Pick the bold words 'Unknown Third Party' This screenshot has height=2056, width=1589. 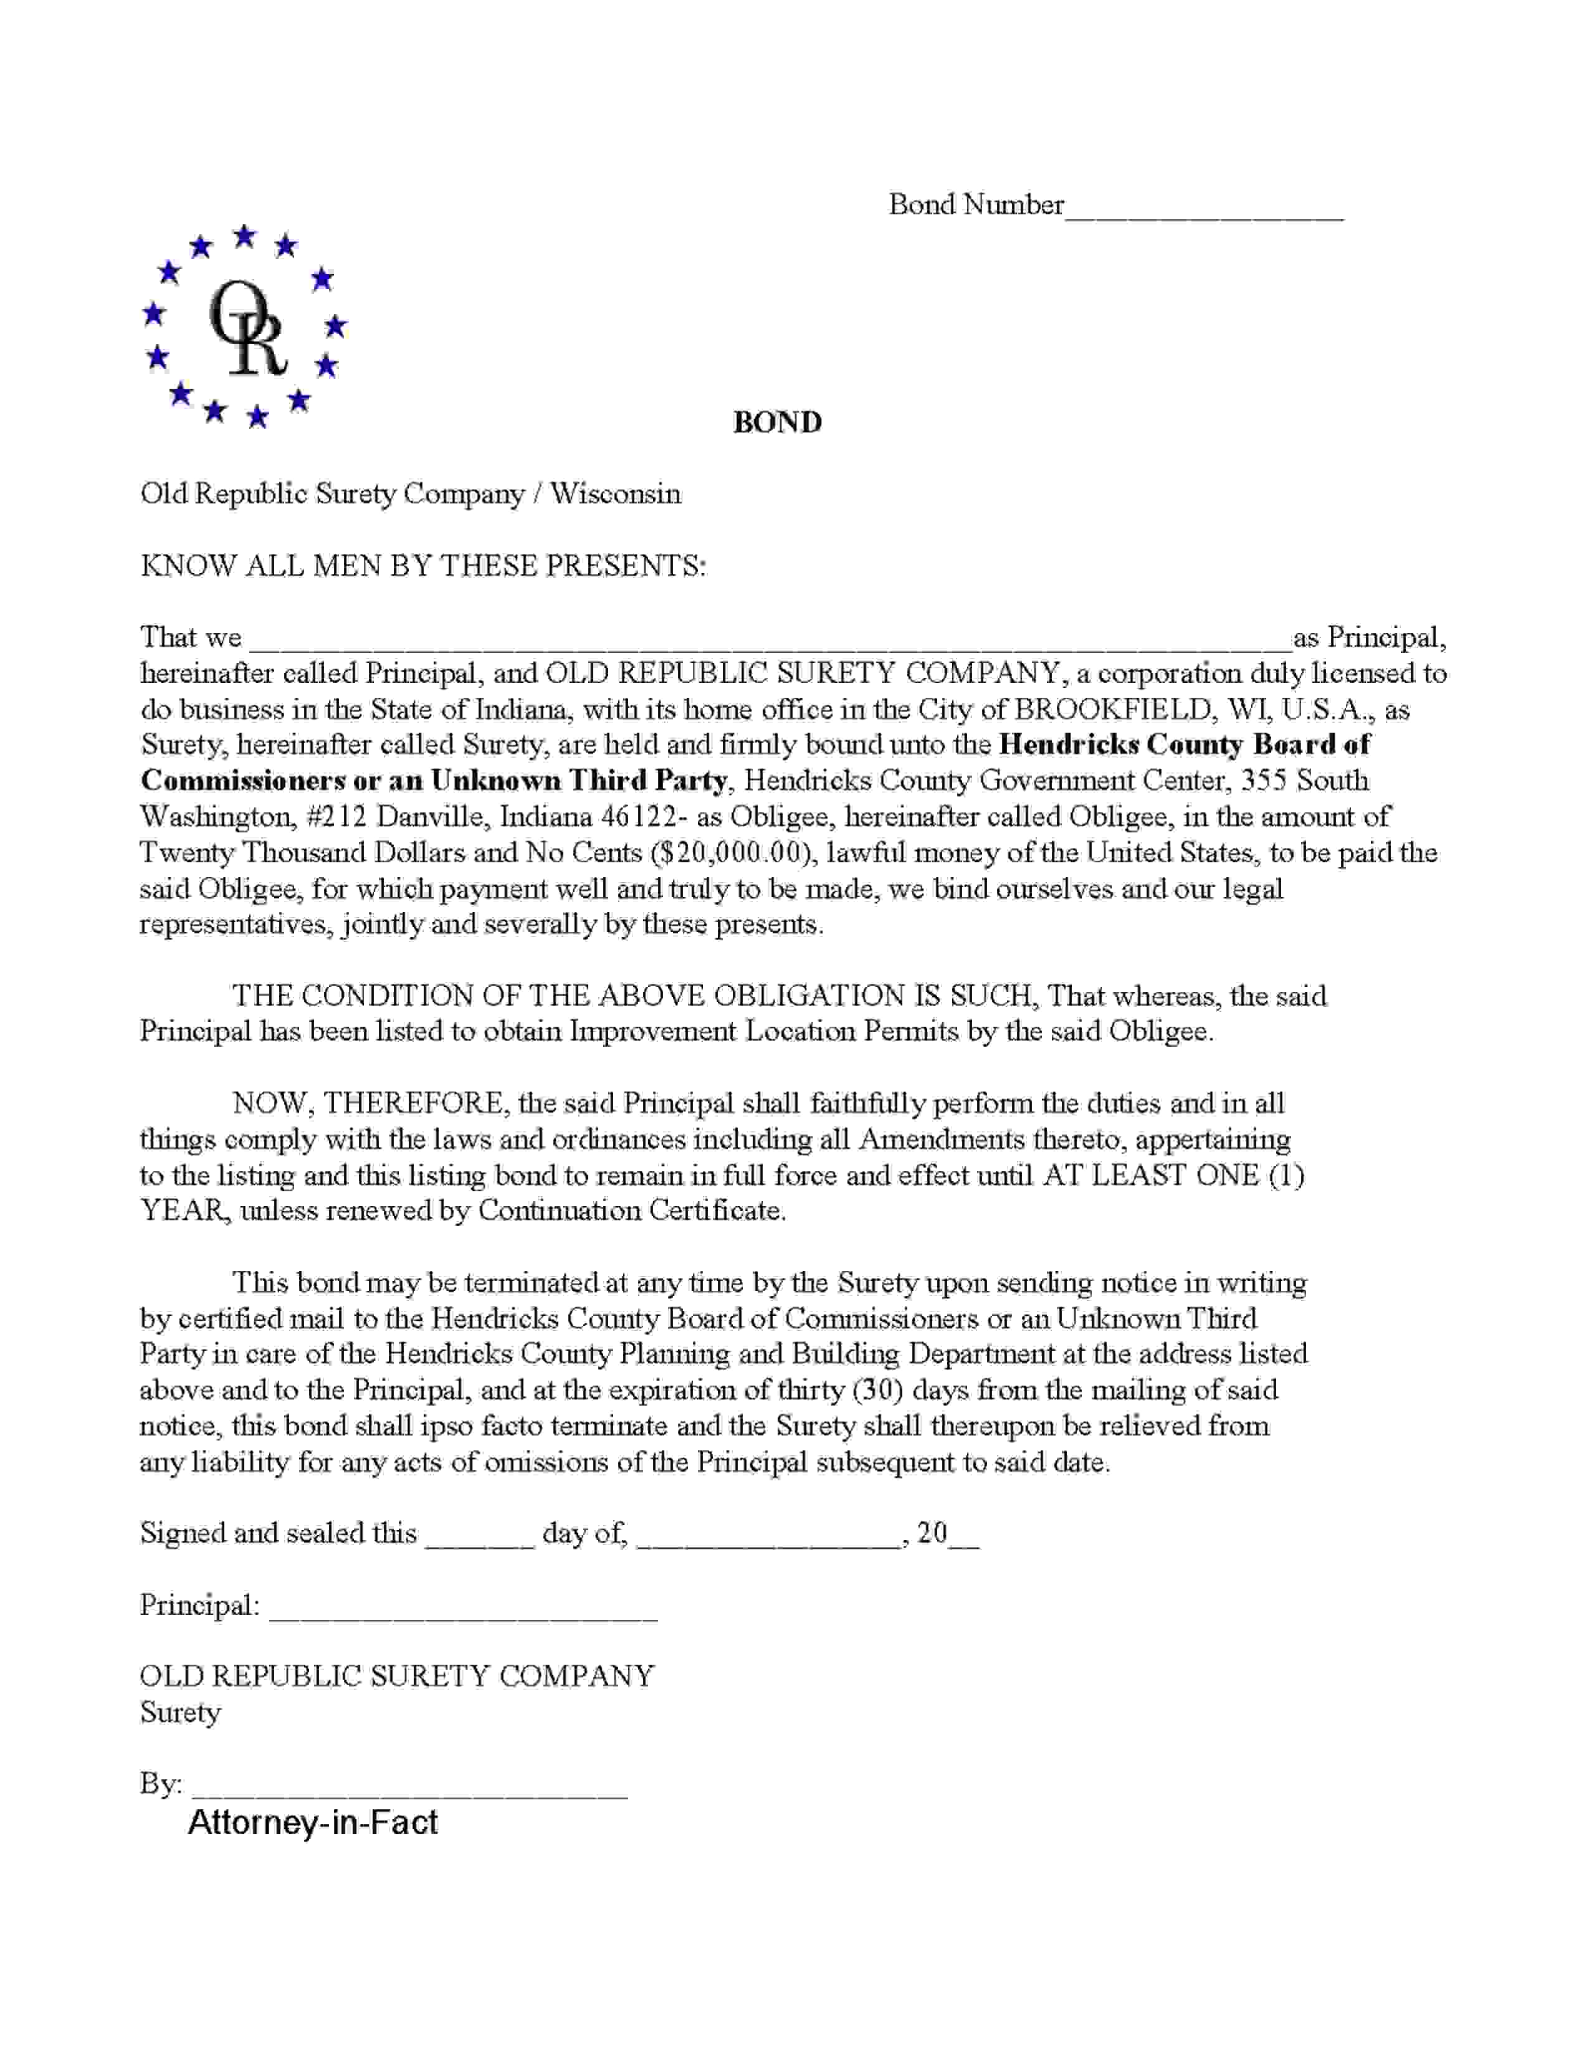pos(578,781)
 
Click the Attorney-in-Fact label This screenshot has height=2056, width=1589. pos(313,1822)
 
